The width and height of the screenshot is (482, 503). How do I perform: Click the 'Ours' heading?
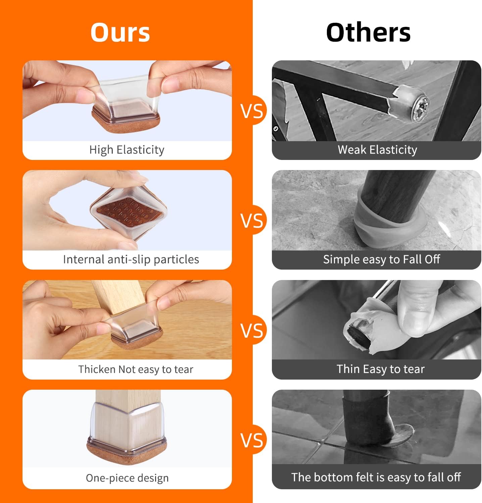(120, 33)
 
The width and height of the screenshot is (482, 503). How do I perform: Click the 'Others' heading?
(368, 33)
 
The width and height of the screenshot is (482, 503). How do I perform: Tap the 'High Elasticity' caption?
(127, 150)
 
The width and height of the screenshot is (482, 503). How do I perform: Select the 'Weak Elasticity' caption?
(377, 150)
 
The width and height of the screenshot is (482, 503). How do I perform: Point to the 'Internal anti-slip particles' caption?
(131, 259)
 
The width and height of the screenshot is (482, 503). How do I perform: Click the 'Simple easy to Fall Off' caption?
(381, 259)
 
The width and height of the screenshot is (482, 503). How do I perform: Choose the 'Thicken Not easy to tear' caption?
(136, 369)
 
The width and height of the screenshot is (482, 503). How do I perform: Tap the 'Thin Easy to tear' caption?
(381, 369)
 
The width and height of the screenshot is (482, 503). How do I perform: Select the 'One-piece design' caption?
(127, 478)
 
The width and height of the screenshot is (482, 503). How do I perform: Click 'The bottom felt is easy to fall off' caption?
(376, 477)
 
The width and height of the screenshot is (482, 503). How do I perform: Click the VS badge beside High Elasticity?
(252, 111)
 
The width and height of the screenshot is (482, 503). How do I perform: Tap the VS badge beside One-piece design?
(252, 440)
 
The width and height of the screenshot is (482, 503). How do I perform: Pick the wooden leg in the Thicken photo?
(117, 295)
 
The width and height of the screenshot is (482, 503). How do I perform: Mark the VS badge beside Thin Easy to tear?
(252, 330)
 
